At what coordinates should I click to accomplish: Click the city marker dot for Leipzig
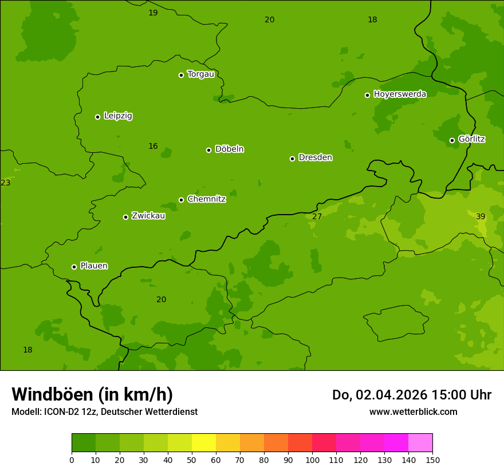pyautogui.click(x=97, y=117)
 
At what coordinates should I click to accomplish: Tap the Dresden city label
pyautogui.click(x=315, y=157)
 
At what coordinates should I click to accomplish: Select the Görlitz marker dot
pyautogui.click(x=452, y=140)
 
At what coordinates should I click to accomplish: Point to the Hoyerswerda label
pyautogui.click(x=400, y=94)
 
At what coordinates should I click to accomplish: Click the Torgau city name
pyautogui.click(x=200, y=74)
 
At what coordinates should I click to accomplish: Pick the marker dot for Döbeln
pyautogui.click(x=208, y=150)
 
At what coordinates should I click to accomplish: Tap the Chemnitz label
pyautogui.click(x=206, y=199)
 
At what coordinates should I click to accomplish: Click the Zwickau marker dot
pyautogui.click(x=125, y=217)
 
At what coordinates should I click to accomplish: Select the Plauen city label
pyautogui.click(x=94, y=266)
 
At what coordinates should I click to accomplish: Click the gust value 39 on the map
pyautogui.click(x=481, y=216)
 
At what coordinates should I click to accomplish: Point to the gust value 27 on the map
pyautogui.click(x=317, y=216)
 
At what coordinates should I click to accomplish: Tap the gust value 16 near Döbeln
pyautogui.click(x=153, y=146)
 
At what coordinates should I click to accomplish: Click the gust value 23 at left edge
pyautogui.click(x=6, y=183)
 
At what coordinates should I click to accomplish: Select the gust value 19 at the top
pyautogui.click(x=153, y=13)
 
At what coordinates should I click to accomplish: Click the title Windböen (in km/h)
pyautogui.click(x=92, y=394)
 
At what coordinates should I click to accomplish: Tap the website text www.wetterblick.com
pyautogui.click(x=413, y=411)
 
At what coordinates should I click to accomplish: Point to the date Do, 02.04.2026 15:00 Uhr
pyautogui.click(x=411, y=395)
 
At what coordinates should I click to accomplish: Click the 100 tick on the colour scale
pyautogui.click(x=312, y=460)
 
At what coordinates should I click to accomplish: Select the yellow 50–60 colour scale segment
pyautogui.click(x=204, y=443)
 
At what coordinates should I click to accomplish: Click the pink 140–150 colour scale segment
pyautogui.click(x=420, y=443)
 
